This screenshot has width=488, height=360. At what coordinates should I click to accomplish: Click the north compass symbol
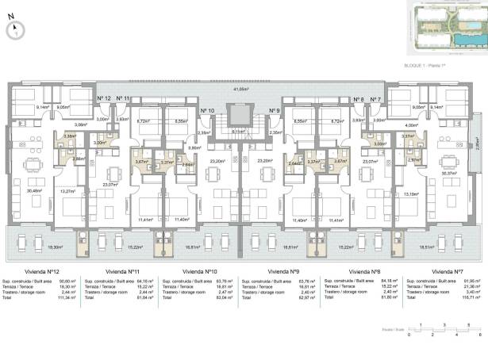[13, 30]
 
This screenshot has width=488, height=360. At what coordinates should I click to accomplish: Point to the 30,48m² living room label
[34, 190]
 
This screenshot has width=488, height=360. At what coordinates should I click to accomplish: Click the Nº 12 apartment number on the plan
[103, 98]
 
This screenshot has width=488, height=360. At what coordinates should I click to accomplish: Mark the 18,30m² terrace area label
[33, 247]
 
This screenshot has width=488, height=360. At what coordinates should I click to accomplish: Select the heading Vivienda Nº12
[40, 271]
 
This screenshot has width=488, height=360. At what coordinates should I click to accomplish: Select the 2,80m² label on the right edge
[478, 144]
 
